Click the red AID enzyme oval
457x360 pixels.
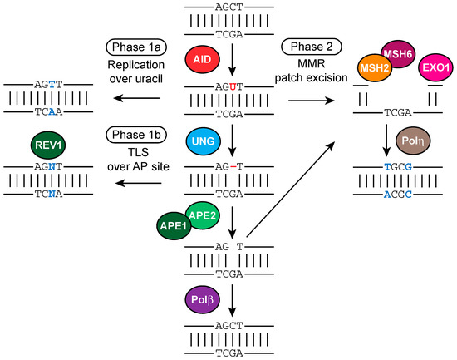[x=202, y=59]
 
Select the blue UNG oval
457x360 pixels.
[x=203, y=141]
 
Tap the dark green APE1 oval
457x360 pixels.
[x=174, y=226]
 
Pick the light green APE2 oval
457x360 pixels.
[x=202, y=216]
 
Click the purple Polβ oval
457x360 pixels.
[x=202, y=299]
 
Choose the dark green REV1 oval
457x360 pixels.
[x=48, y=145]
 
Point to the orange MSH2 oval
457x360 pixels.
[x=375, y=68]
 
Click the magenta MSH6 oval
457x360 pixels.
[x=397, y=54]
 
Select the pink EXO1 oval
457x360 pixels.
[x=436, y=67]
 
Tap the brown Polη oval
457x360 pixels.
[x=413, y=141]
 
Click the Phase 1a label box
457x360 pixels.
[x=136, y=47]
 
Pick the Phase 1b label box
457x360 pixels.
[x=136, y=135]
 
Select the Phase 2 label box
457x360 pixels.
[x=312, y=47]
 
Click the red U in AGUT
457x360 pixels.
[x=233, y=87]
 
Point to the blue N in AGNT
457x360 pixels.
[x=52, y=167]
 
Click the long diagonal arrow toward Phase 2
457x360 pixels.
[x=290, y=190]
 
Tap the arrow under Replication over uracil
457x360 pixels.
[x=136, y=98]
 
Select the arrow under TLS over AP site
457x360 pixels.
[x=138, y=183]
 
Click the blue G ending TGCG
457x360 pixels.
[x=408, y=167]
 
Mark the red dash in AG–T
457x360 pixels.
[x=233, y=167]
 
